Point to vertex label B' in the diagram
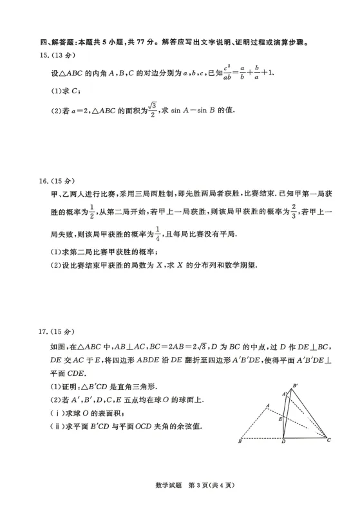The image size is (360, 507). pos(296,386)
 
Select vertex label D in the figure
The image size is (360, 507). pos(283,443)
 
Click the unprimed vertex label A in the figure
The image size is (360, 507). pos(267,405)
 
